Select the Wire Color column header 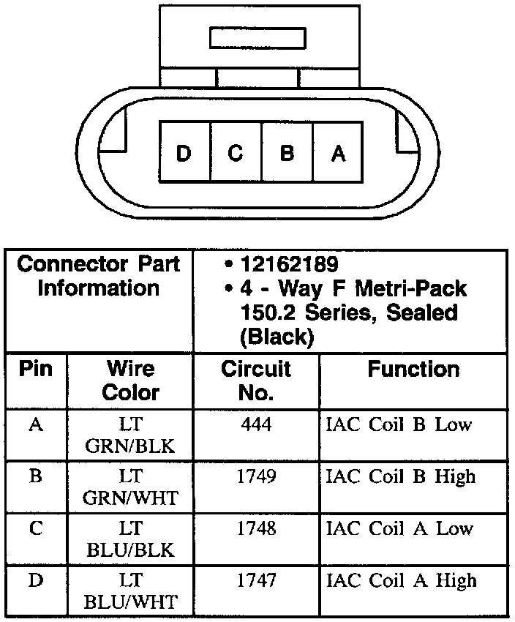130,380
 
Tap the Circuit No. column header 255,380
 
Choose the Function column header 413,370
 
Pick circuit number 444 256,424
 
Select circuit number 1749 256,476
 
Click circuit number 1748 256,528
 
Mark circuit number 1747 256,580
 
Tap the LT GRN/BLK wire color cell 130,435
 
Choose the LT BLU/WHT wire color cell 130,591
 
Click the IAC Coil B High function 401,476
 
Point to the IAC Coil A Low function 399,528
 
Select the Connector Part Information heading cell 99,275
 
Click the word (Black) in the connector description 277,337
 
